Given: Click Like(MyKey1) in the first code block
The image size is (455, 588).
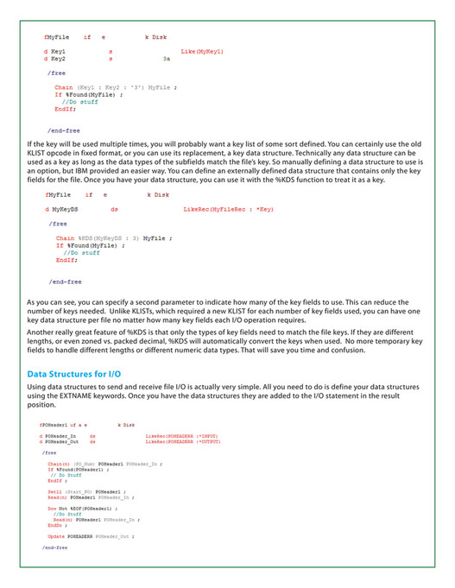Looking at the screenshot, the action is [x=203, y=52].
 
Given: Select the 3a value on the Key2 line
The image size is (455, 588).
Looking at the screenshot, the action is [x=166, y=60].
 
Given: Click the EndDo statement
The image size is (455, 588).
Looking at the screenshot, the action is [x=55, y=524].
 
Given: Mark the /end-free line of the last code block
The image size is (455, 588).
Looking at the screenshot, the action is [x=55, y=547].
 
